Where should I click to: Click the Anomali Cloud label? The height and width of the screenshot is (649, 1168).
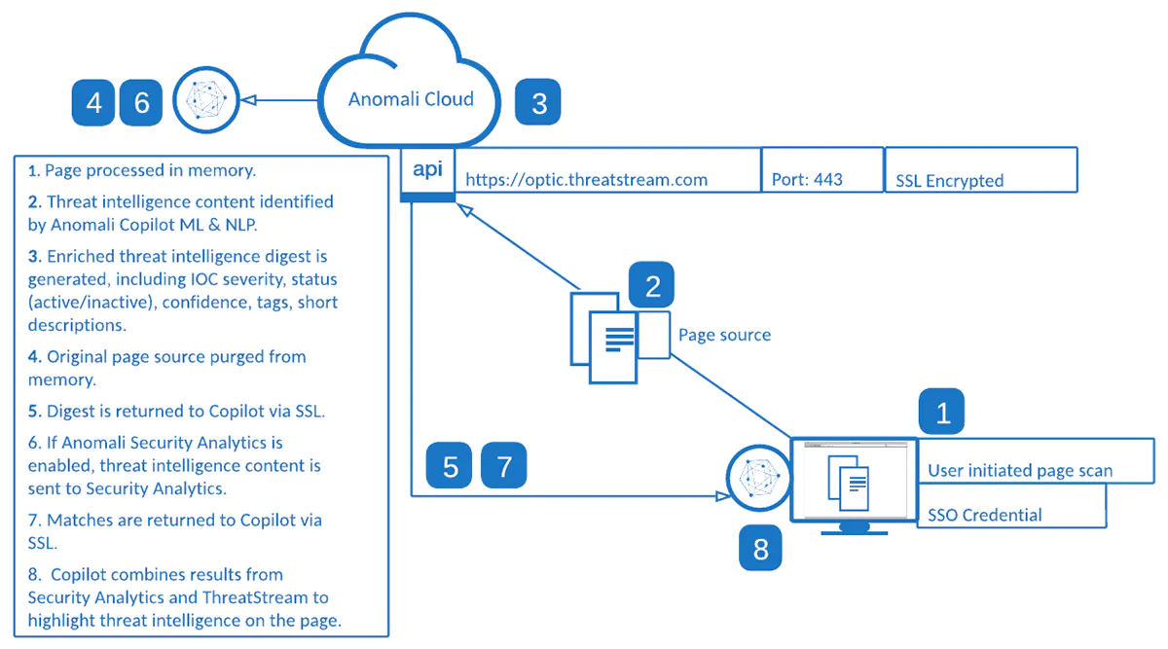411,99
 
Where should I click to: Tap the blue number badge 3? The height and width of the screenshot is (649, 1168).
537,102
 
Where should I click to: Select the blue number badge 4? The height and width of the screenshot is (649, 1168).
94,102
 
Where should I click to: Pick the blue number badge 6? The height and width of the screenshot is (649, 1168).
142,102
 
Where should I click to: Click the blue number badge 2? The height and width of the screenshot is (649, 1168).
652,285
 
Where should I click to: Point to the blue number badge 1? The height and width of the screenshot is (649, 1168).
941,413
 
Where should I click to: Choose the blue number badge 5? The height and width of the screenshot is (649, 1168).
450,466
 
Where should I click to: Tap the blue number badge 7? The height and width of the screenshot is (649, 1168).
503,466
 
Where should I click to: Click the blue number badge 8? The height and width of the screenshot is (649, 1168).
760,550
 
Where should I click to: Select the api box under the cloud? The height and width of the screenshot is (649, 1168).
427,171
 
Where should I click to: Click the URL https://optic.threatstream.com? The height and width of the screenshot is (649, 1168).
586,180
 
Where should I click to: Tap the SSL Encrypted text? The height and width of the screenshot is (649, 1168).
949,181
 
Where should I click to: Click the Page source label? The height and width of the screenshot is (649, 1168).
724,335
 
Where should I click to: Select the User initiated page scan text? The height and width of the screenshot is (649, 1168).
1020,471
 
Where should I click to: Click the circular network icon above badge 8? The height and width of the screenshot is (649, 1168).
757,481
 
